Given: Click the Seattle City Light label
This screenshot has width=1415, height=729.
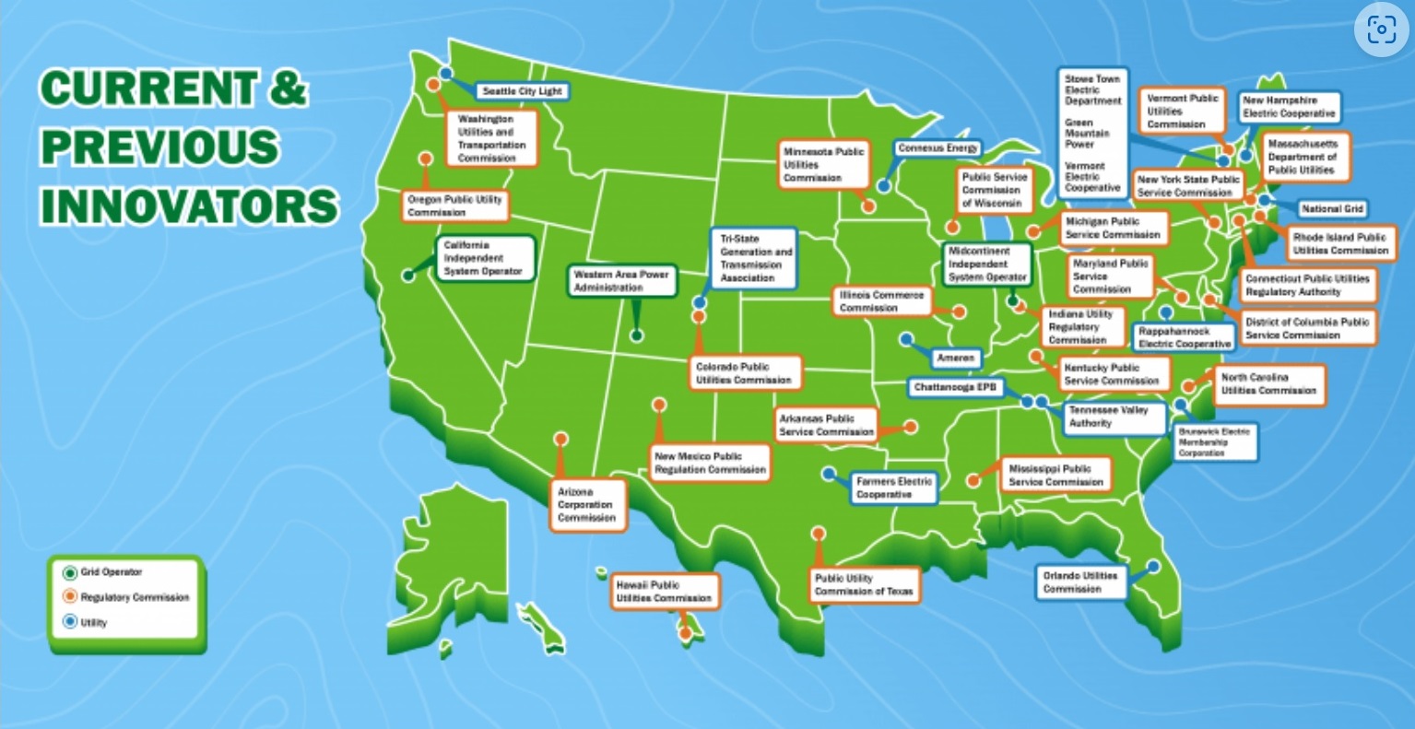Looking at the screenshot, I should point(522,92).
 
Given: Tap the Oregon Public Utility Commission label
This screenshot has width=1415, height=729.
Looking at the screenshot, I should point(455,206).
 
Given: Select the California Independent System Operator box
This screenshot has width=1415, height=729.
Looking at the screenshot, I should point(483,259).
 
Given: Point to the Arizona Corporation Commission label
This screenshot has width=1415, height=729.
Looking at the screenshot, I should point(586,505).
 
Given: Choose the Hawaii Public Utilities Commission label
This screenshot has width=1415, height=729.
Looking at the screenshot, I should point(664,592).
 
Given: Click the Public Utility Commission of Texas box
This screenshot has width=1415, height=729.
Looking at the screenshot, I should point(864,585).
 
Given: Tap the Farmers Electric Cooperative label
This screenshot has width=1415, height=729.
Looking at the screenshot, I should point(892,488).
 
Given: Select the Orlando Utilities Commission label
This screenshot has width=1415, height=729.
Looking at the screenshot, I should point(1079,582).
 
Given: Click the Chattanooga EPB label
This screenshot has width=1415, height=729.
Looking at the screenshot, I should point(955,388).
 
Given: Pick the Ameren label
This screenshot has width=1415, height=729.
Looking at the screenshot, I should point(955,358).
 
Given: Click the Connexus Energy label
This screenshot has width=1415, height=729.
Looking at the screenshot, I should point(937,148).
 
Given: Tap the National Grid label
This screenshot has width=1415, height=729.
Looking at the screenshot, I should point(1332,209).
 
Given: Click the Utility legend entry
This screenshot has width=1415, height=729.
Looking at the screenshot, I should point(93,622).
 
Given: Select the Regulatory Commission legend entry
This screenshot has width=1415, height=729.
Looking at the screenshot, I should point(134,597).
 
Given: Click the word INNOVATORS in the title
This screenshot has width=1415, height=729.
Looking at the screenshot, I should point(189,206).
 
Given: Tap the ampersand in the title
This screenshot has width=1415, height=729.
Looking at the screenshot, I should point(287,89).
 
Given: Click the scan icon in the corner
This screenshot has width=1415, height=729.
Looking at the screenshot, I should point(1380,30).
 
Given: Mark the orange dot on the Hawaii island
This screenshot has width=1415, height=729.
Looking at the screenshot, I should point(685,633).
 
